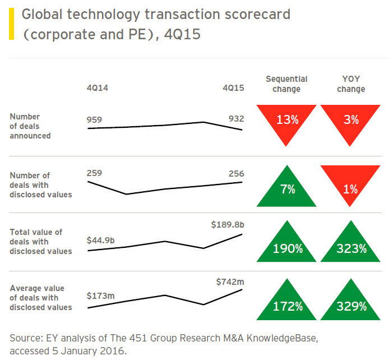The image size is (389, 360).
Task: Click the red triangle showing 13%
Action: point(287,120)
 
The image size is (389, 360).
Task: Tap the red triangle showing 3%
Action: point(351,120)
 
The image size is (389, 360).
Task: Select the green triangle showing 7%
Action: point(287,190)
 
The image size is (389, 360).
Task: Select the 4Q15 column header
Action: point(233,88)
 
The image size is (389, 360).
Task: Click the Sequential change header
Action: point(286,84)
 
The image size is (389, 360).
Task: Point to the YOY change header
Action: point(351,84)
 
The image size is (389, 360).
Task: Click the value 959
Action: point(95,119)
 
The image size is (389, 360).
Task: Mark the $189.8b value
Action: point(228,224)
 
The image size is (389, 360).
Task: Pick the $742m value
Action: point(230,280)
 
